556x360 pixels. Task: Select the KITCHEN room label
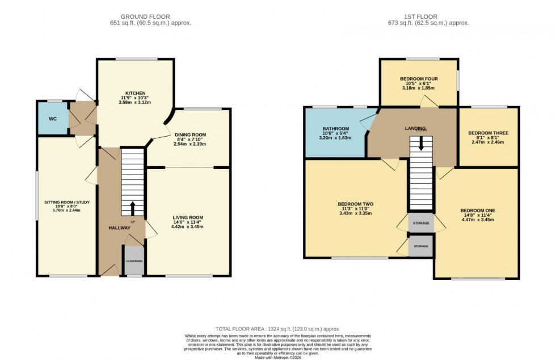(x=136, y=93)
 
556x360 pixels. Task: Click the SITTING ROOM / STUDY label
(x=67, y=202)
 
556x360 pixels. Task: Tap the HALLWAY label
(x=120, y=228)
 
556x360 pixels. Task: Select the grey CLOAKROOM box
(x=134, y=260)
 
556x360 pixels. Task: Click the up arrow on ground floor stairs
(x=133, y=208)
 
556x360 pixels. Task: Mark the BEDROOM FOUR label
(x=419, y=79)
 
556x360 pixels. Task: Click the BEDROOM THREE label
(x=488, y=133)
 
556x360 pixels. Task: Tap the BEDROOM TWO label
(x=355, y=204)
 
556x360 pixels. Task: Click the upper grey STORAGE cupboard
(x=421, y=223)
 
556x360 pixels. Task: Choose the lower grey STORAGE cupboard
(x=421, y=247)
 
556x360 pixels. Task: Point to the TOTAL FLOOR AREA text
(x=278, y=329)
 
